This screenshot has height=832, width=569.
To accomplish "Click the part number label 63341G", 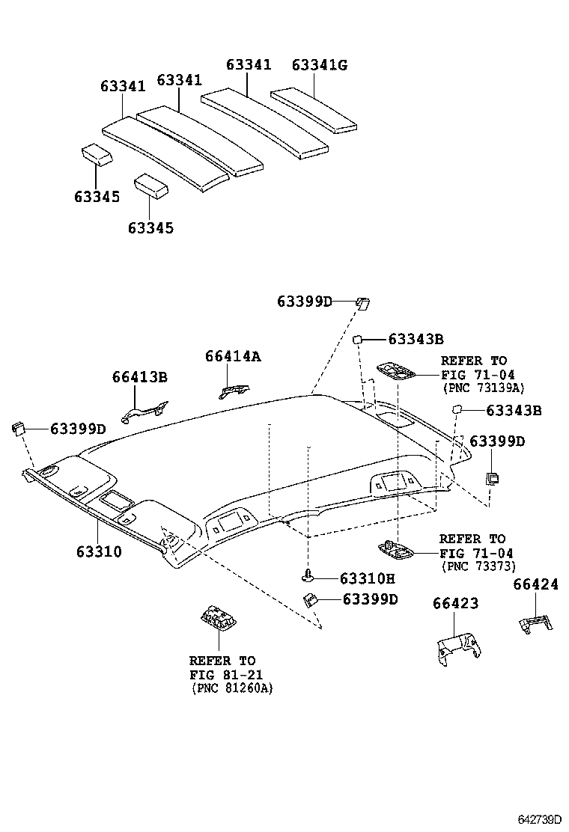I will pos(320,65).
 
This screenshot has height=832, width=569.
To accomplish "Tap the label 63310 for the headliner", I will pos(98,551).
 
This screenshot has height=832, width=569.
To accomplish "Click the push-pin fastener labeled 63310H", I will pos(308,575).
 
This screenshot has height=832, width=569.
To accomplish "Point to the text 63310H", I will pos(367,578).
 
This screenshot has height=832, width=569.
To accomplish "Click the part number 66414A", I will pos(233,357).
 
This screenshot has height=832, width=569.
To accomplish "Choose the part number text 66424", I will pos(535,584).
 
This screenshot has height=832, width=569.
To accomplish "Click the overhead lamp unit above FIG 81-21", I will pos(218,620).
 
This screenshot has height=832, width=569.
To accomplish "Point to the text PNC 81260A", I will pos(232,688).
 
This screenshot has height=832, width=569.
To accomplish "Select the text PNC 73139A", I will pos(482,388).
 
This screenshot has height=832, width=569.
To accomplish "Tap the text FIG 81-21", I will pos(222,674).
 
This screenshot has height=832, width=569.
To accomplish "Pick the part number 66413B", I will pos(140,376).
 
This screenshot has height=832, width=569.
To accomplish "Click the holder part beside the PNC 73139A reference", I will pos(398,370).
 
